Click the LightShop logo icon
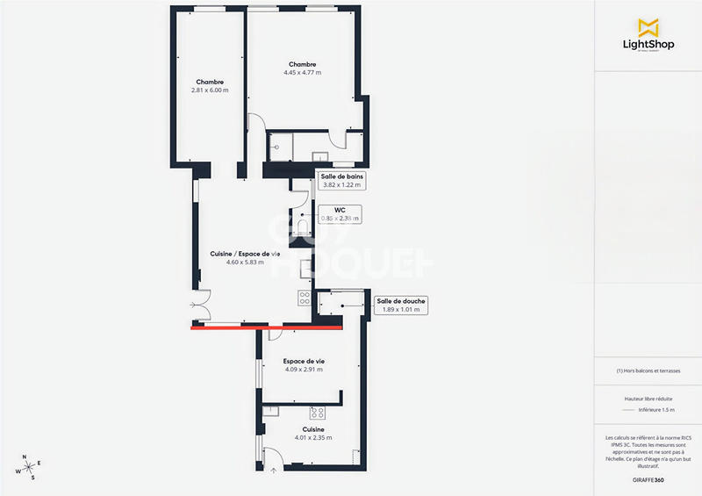(648, 26)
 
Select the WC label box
(340, 214)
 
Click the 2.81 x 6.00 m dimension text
(210, 90)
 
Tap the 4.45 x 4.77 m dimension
(302, 73)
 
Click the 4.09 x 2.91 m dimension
(304, 370)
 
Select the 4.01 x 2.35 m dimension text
(303, 437)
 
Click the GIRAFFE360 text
(648, 480)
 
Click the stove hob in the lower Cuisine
(318, 412)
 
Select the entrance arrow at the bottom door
(274, 470)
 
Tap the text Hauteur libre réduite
(648, 399)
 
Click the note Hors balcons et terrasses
(648, 370)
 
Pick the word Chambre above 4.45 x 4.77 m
(302, 64)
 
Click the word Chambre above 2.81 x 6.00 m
(210, 82)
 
